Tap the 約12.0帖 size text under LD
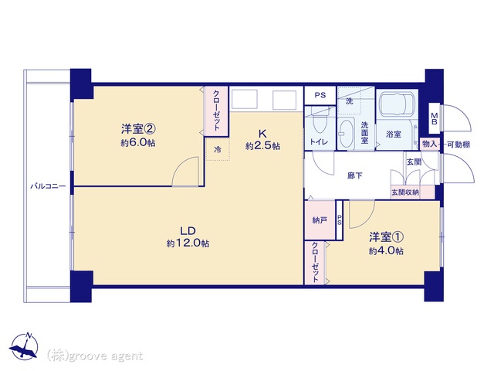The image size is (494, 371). pos(188,243)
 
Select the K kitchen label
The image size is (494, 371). pos(262,134)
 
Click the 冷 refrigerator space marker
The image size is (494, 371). pos(218,149)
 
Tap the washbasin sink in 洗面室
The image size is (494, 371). pos(347,133)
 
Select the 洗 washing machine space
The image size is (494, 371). pos(350,101)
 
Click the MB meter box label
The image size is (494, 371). pos(434,118)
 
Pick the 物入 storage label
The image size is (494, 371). pos(429,145)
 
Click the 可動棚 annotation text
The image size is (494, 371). pos(458,145)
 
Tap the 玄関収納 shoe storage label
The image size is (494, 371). pos(405,192)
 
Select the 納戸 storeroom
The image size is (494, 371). pos(320,220)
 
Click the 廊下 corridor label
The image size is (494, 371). pos(355,175)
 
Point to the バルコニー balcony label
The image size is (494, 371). pos(48,186)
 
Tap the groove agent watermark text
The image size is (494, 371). pos(95,356)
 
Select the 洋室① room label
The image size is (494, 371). pos(387,237)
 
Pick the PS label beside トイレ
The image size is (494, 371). pos(320,95)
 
